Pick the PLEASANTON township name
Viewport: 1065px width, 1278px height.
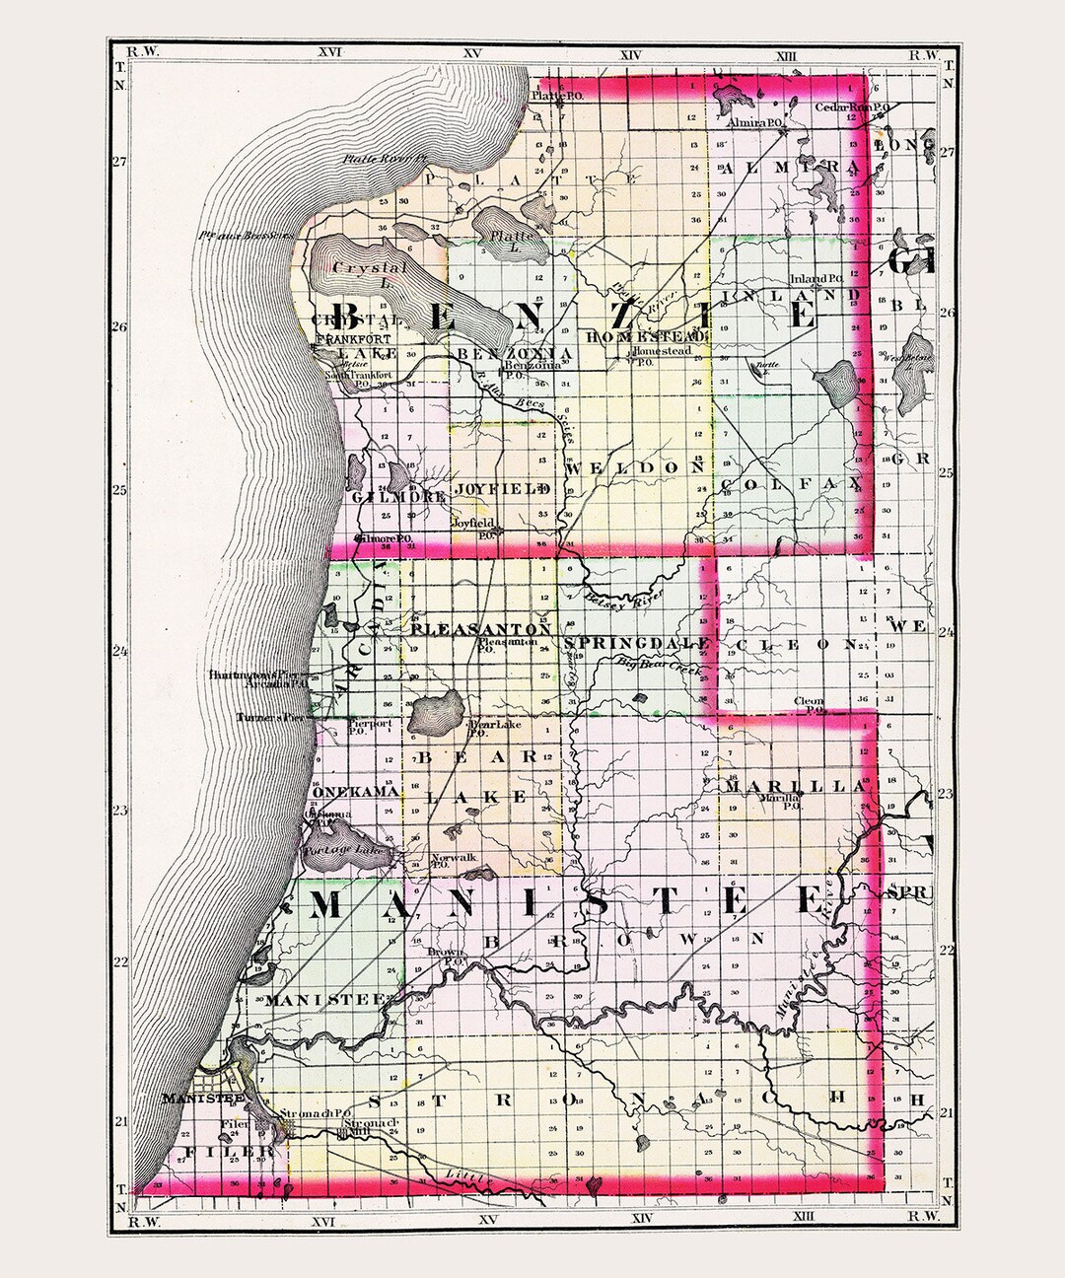coord(481,627)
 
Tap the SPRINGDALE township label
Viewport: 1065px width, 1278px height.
coord(639,643)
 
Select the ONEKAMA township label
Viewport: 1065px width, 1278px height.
coord(356,793)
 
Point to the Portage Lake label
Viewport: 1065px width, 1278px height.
coord(338,850)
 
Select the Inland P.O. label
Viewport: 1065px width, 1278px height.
coord(816,278)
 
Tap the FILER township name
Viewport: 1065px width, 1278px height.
coord(220,1152)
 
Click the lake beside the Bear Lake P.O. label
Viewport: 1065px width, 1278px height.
coord(435,710)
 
